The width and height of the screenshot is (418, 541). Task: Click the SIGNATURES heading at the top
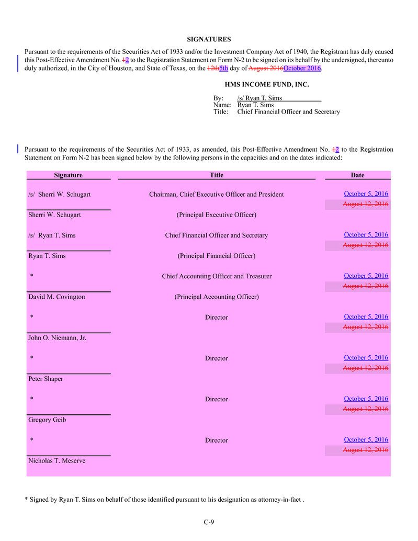pyautogui.click(x=209, y=39)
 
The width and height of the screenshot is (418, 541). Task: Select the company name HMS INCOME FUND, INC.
pyautogui.click(x=267, y=84)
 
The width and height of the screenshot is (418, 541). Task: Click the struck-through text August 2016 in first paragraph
pyautogui.click(x=266, y=69)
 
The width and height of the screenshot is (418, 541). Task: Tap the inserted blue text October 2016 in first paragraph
pyautogui.click(x=302, y=69)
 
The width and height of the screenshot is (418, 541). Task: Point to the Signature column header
pyautogui.click(x=68, y=175)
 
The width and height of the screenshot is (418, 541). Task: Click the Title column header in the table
pyautogui.click(x=216, y=175)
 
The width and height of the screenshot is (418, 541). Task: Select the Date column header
pyautogui.click(x=357, y=175)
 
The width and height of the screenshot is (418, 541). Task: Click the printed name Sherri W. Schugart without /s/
pyautogui.click(x=54, y=215)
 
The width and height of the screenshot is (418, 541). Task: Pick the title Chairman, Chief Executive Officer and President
pyautogui.click(x=216, y=195)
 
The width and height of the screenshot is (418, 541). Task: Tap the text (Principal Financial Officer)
pyautogui.click(x=216, y=256)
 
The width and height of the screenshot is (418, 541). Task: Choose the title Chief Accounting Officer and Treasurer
pyautogui.click(x=216, y=276)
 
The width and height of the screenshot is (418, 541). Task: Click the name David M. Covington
pyautogui.click(x=57, y=297)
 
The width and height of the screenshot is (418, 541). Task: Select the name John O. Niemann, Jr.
pyautogui.click(x=57, y=338)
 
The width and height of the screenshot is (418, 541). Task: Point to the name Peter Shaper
pyautogui.click(x=46, y=379)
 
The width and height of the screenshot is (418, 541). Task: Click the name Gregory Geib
pyautogui.click(x=47, y=420)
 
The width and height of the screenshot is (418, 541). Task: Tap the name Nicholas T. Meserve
pyautogui.click(x=57, y=461)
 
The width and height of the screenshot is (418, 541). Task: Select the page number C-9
pyautogui.click(x=209, y=522)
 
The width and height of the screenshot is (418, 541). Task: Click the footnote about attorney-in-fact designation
pyautogui.click(x=164, y=500)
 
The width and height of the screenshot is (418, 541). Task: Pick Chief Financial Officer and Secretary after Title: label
pyautogui.click(x=288, y=111)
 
